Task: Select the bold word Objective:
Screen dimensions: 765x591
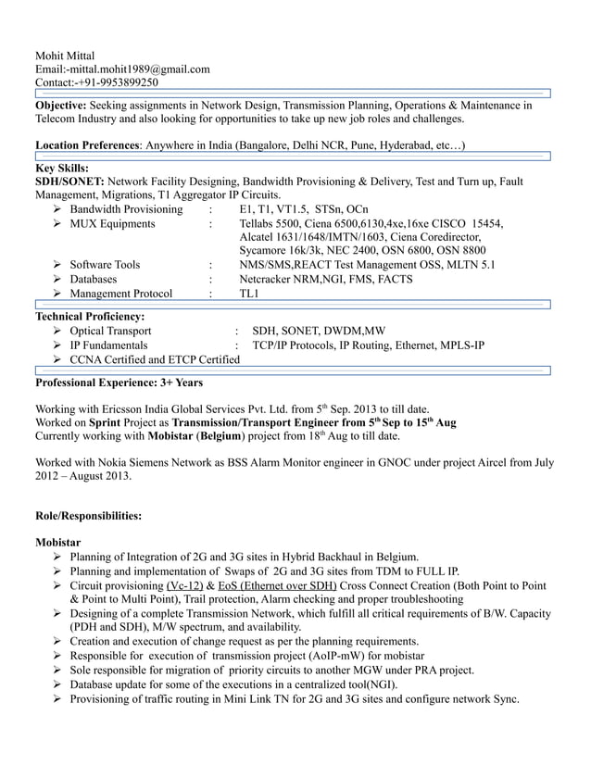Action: (61, 106)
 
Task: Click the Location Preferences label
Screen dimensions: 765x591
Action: (87, 145)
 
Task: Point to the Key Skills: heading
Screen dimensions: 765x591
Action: (61, 169)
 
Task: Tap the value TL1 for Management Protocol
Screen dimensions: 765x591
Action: (249, 295)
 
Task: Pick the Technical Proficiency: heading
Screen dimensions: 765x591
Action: (89, 317)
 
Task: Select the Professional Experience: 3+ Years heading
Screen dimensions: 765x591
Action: (119, 382)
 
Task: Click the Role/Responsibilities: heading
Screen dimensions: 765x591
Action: (88, 515)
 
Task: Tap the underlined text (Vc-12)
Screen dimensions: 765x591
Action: (184, 586)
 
